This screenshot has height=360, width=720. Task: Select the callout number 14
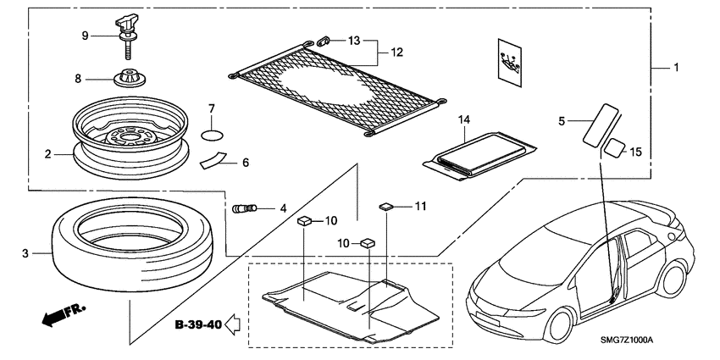(x=462, y=120)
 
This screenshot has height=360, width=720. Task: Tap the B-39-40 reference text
(x=198, y=324)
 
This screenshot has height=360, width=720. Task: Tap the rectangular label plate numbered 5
(x=598, y=124)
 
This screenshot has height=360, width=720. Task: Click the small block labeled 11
(x=387, y=205)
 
